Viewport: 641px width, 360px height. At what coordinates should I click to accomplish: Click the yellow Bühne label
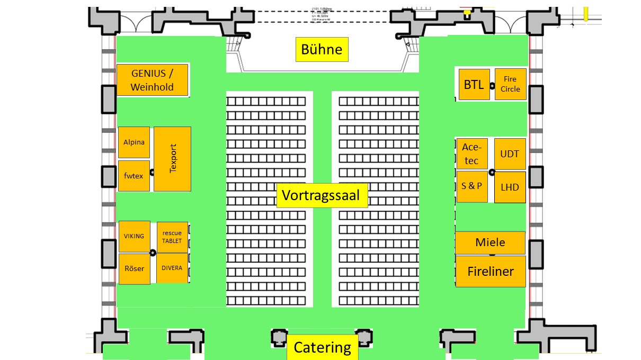point(322,50)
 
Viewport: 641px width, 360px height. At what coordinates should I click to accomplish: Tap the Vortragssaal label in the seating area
point(321,195)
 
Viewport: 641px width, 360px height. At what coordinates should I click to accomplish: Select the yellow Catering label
point(322,347)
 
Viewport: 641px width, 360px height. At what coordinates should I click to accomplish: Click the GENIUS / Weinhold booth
point(152,80)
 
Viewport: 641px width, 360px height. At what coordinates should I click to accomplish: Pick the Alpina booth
point(133,142)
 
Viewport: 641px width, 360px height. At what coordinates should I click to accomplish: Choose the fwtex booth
point(133,175)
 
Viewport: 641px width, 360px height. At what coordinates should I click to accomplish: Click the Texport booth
point(172,159)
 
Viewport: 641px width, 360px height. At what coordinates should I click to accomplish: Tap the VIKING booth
point(134,236)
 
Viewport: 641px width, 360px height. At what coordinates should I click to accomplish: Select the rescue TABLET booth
point(172,237)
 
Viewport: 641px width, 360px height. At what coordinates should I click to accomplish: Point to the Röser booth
point(134,268)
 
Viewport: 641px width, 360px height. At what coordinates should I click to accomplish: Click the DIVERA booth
point(172,268)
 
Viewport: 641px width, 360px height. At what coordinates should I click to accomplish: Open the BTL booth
point(474,84)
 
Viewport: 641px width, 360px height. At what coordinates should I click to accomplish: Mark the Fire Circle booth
point(510,84)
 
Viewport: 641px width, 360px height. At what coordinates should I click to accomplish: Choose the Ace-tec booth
point(471,154)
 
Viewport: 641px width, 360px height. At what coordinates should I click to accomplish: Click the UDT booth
point(510,154)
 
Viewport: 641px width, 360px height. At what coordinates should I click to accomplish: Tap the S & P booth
point(471,186)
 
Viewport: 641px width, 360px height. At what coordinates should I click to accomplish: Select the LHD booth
point(510,187)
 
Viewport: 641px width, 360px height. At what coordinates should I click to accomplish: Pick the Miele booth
point(490,242)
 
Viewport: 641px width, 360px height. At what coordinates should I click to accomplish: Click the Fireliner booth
point(491,272)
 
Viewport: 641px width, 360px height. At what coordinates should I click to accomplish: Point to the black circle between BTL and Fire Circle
point(492,85)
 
